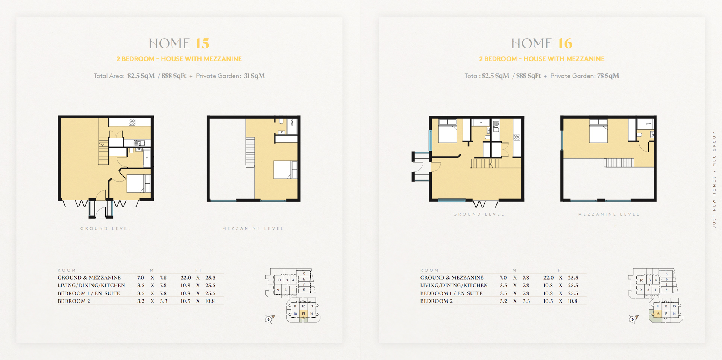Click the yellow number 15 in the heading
202,44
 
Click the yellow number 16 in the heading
565,44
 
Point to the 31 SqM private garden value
254,76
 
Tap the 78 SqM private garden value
608,76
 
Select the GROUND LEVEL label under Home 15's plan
106,228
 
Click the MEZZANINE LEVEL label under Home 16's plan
609,214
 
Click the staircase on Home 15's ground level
103,150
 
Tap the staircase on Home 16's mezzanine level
619,162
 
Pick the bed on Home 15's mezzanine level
285,169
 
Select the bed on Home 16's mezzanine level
598,131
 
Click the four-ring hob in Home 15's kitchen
132,122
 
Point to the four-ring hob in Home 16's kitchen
517,137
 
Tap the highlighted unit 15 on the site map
303,313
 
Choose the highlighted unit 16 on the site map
658,313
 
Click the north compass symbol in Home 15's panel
269,319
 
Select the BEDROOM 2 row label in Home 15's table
74,301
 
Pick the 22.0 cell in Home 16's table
548,278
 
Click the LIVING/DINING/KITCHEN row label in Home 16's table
454,286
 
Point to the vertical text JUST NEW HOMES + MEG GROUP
714,180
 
